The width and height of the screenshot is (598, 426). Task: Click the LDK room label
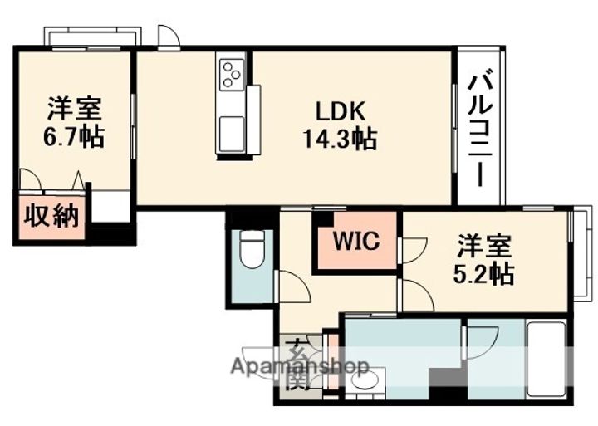(339, 111)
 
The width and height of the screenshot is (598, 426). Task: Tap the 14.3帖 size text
(339, 138)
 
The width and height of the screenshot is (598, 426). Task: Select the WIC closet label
(356, 242)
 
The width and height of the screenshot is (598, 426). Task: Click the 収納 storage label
(50, 216)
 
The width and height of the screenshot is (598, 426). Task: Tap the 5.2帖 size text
(484, 272)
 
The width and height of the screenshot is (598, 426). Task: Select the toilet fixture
(250, 249)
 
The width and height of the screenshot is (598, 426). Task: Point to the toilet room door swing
(293, 286)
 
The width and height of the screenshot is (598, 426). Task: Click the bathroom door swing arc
(480, 340)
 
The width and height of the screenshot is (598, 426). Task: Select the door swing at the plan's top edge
(168, 37)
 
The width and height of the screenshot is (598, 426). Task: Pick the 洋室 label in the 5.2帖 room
(484, 246)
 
